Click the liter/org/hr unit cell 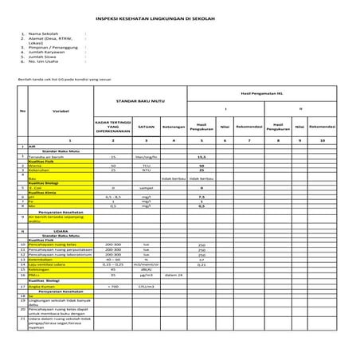click(146, 157)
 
